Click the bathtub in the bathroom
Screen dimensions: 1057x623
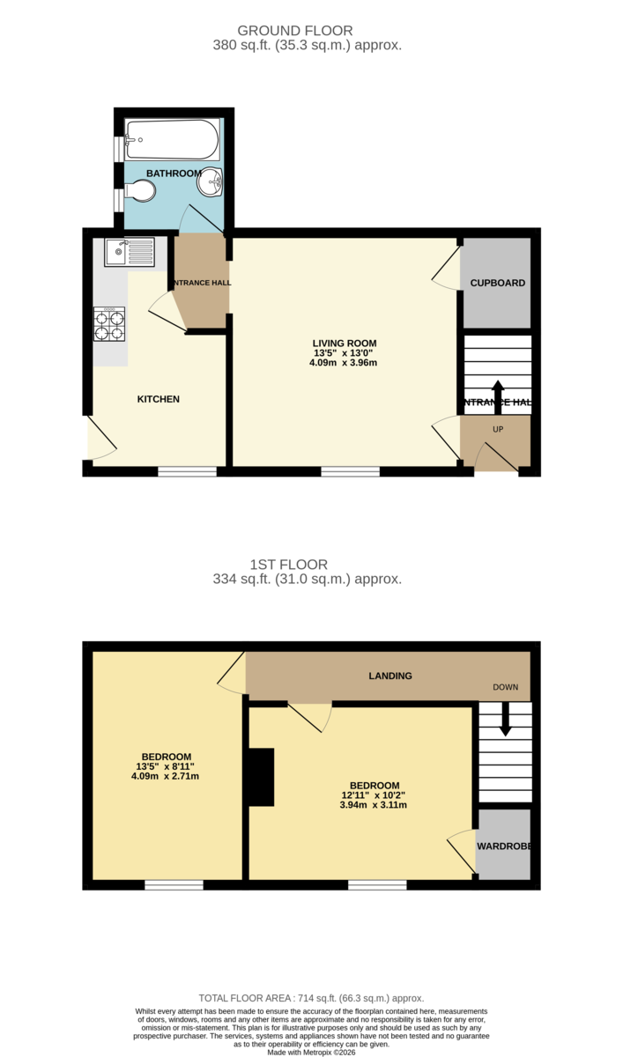tap(172, 139)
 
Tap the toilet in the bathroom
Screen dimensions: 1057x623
tap(140, 190)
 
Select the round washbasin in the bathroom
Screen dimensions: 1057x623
tap(211, 184)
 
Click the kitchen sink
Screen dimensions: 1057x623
tap(130, 253)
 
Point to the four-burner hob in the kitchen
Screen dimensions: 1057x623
tap(109, 323)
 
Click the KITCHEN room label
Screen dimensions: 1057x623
tap(158, 399)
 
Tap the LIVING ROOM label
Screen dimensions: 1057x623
tap(345, 344)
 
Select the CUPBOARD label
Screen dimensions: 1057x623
tap(497, 284)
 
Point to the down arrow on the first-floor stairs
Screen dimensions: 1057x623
tap(505, 718)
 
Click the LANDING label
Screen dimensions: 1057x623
tap(390, 676)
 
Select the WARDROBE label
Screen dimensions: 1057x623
tap(503, 846)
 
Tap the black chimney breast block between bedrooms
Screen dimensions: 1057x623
tap(261, 776)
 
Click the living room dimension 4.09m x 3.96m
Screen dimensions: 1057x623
tap(345, 363)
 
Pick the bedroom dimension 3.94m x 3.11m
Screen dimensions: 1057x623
tap(375, 805)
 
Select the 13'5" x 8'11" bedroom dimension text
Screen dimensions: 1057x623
tap(165, 766)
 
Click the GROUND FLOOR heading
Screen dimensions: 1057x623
tap(308, 31)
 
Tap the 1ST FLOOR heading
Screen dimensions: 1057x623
tap(290, 565)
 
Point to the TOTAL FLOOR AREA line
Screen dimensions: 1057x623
tap(311, 998)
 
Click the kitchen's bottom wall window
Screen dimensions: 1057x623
tap(187, 472)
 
